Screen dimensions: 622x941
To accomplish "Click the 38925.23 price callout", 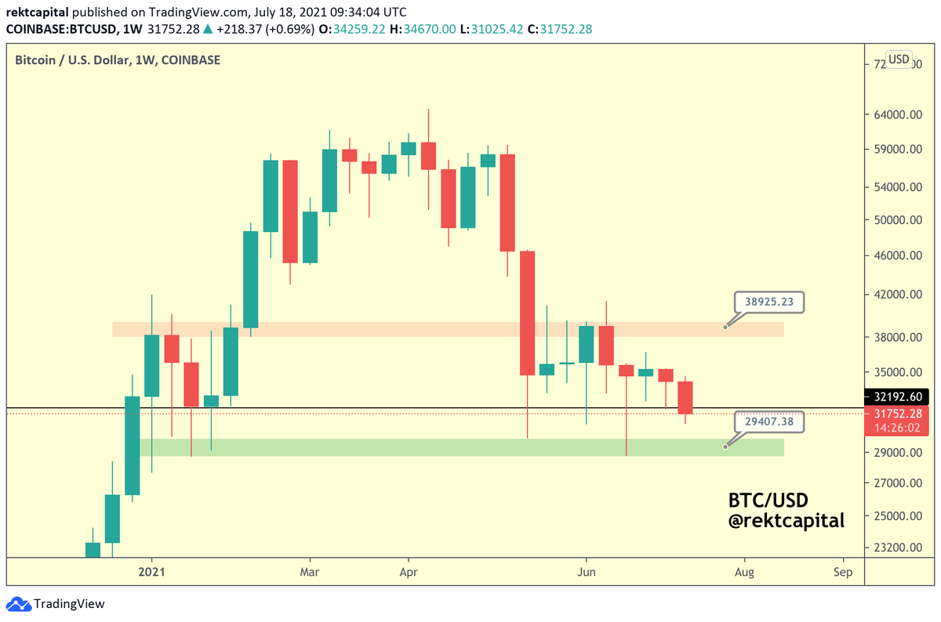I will (768, 302).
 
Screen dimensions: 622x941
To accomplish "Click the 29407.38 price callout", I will (768, 421).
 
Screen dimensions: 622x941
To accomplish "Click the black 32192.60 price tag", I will (899, 397).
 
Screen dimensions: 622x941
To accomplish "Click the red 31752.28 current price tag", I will (899, 413).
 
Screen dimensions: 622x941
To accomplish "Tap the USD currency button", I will (899, 60).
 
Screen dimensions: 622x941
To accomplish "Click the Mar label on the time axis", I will (310, 573).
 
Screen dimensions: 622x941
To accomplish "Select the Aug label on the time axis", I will (744, 573).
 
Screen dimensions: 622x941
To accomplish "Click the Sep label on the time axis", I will (843, 573).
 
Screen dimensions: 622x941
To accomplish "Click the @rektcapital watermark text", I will (787, 520).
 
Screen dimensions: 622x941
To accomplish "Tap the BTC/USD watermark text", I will (768, 500).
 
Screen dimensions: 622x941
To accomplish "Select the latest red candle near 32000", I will (685, 398).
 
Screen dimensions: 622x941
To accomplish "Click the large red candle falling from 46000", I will (527, 313).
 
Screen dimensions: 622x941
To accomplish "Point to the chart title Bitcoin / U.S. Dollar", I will (118, 60).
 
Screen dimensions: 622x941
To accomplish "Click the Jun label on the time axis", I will (586, 573).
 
